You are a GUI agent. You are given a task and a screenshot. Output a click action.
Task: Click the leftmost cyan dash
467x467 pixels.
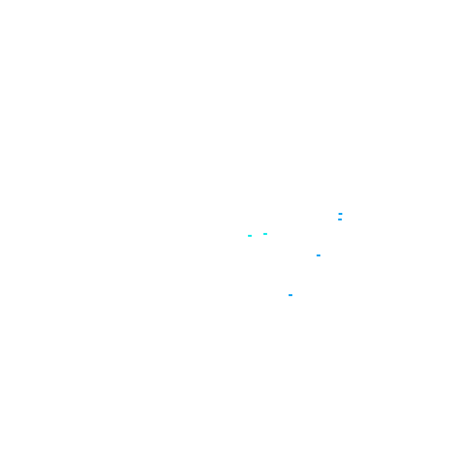[250, 236]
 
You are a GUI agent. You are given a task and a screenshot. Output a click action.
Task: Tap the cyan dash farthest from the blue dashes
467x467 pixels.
[250, 236]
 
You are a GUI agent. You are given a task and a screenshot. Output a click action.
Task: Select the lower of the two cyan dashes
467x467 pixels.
[250, 236]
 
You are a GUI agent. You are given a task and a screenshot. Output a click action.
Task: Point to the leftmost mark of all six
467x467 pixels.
[250, 236]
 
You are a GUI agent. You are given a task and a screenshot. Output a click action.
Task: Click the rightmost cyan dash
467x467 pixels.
[265, 234]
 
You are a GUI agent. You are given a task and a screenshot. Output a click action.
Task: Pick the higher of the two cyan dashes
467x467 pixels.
[265, 234]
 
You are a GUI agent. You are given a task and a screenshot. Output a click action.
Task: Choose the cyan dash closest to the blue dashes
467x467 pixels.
[265, 234]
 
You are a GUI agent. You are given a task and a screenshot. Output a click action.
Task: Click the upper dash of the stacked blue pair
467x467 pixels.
[340, 214]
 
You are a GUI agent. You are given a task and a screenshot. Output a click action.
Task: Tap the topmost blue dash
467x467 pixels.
[340, 214]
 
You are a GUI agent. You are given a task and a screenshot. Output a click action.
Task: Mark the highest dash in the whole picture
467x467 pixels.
[340, 214]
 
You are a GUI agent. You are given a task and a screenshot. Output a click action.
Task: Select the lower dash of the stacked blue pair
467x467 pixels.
[340, 219]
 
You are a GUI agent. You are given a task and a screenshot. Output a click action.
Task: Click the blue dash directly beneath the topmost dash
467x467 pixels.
[340, 219]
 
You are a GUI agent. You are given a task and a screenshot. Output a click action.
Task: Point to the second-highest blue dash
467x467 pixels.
[340, 219]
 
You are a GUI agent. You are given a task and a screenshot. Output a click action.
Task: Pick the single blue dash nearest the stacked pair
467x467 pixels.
[318, 255]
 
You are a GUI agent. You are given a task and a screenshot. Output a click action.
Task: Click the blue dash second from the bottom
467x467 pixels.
[318, 255]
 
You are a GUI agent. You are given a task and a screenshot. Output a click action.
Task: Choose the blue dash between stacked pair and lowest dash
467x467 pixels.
[318, 255]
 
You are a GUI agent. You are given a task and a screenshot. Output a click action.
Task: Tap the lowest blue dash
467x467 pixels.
[290, 295]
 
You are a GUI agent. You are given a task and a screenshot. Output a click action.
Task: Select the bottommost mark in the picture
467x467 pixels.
[290, 295]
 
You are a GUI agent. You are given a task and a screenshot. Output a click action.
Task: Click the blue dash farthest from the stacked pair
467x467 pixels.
[290, 295]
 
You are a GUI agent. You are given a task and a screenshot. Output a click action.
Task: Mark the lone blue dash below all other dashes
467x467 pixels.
[290, 295]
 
